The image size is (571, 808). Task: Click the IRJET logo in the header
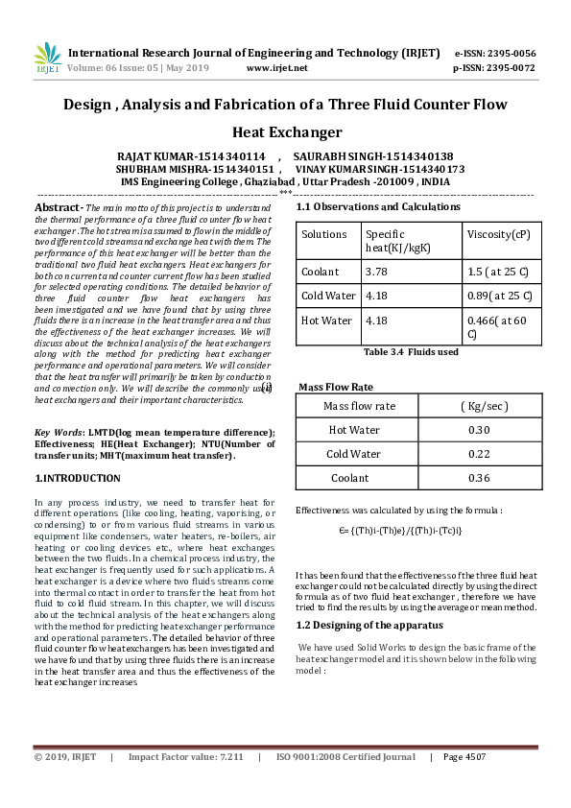47,59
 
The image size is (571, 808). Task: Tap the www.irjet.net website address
276,68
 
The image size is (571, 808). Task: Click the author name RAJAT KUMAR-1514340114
191,155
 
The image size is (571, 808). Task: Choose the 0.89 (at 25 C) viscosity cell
499,296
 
